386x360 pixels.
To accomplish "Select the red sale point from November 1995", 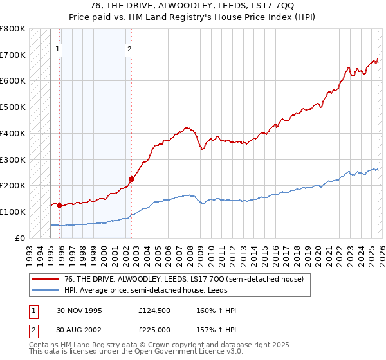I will (60, 206).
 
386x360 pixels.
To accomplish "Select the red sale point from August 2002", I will (131, 179).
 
